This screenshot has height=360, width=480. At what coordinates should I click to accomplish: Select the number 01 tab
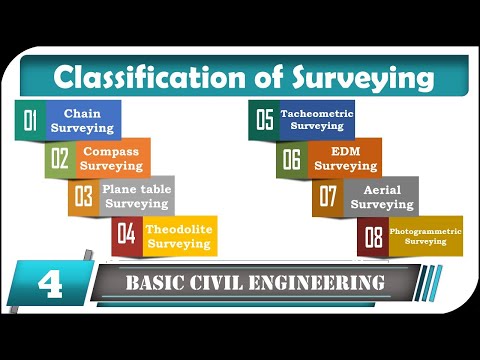coord(31,120)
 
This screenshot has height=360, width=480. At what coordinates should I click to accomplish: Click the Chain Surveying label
coord(82,120)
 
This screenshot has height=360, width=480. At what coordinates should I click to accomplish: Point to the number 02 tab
coord(60,158)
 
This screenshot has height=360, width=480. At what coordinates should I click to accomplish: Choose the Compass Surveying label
coord(112,158)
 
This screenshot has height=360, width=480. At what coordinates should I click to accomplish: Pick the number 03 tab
coord(83,196)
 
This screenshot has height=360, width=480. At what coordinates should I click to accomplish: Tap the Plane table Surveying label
coord(136,196)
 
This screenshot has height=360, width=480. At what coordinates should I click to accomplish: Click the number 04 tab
coord(126,234)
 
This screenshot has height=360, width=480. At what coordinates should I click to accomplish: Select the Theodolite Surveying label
coord(178,234)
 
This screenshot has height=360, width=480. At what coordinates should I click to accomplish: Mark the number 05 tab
coord(264,120)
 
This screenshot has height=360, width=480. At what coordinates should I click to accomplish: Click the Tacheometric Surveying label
coord(316,120)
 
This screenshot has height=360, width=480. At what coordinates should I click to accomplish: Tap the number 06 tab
coord(291,158)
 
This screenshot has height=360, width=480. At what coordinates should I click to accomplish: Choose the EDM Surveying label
coord(343,158)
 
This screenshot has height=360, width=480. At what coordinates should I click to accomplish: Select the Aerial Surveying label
coord(380,196)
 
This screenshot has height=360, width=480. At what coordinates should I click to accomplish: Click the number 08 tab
coord(373,235)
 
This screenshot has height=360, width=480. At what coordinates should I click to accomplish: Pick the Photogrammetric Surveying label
coord(425,235)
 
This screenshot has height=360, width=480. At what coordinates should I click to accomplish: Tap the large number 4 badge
coord(48,284)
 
